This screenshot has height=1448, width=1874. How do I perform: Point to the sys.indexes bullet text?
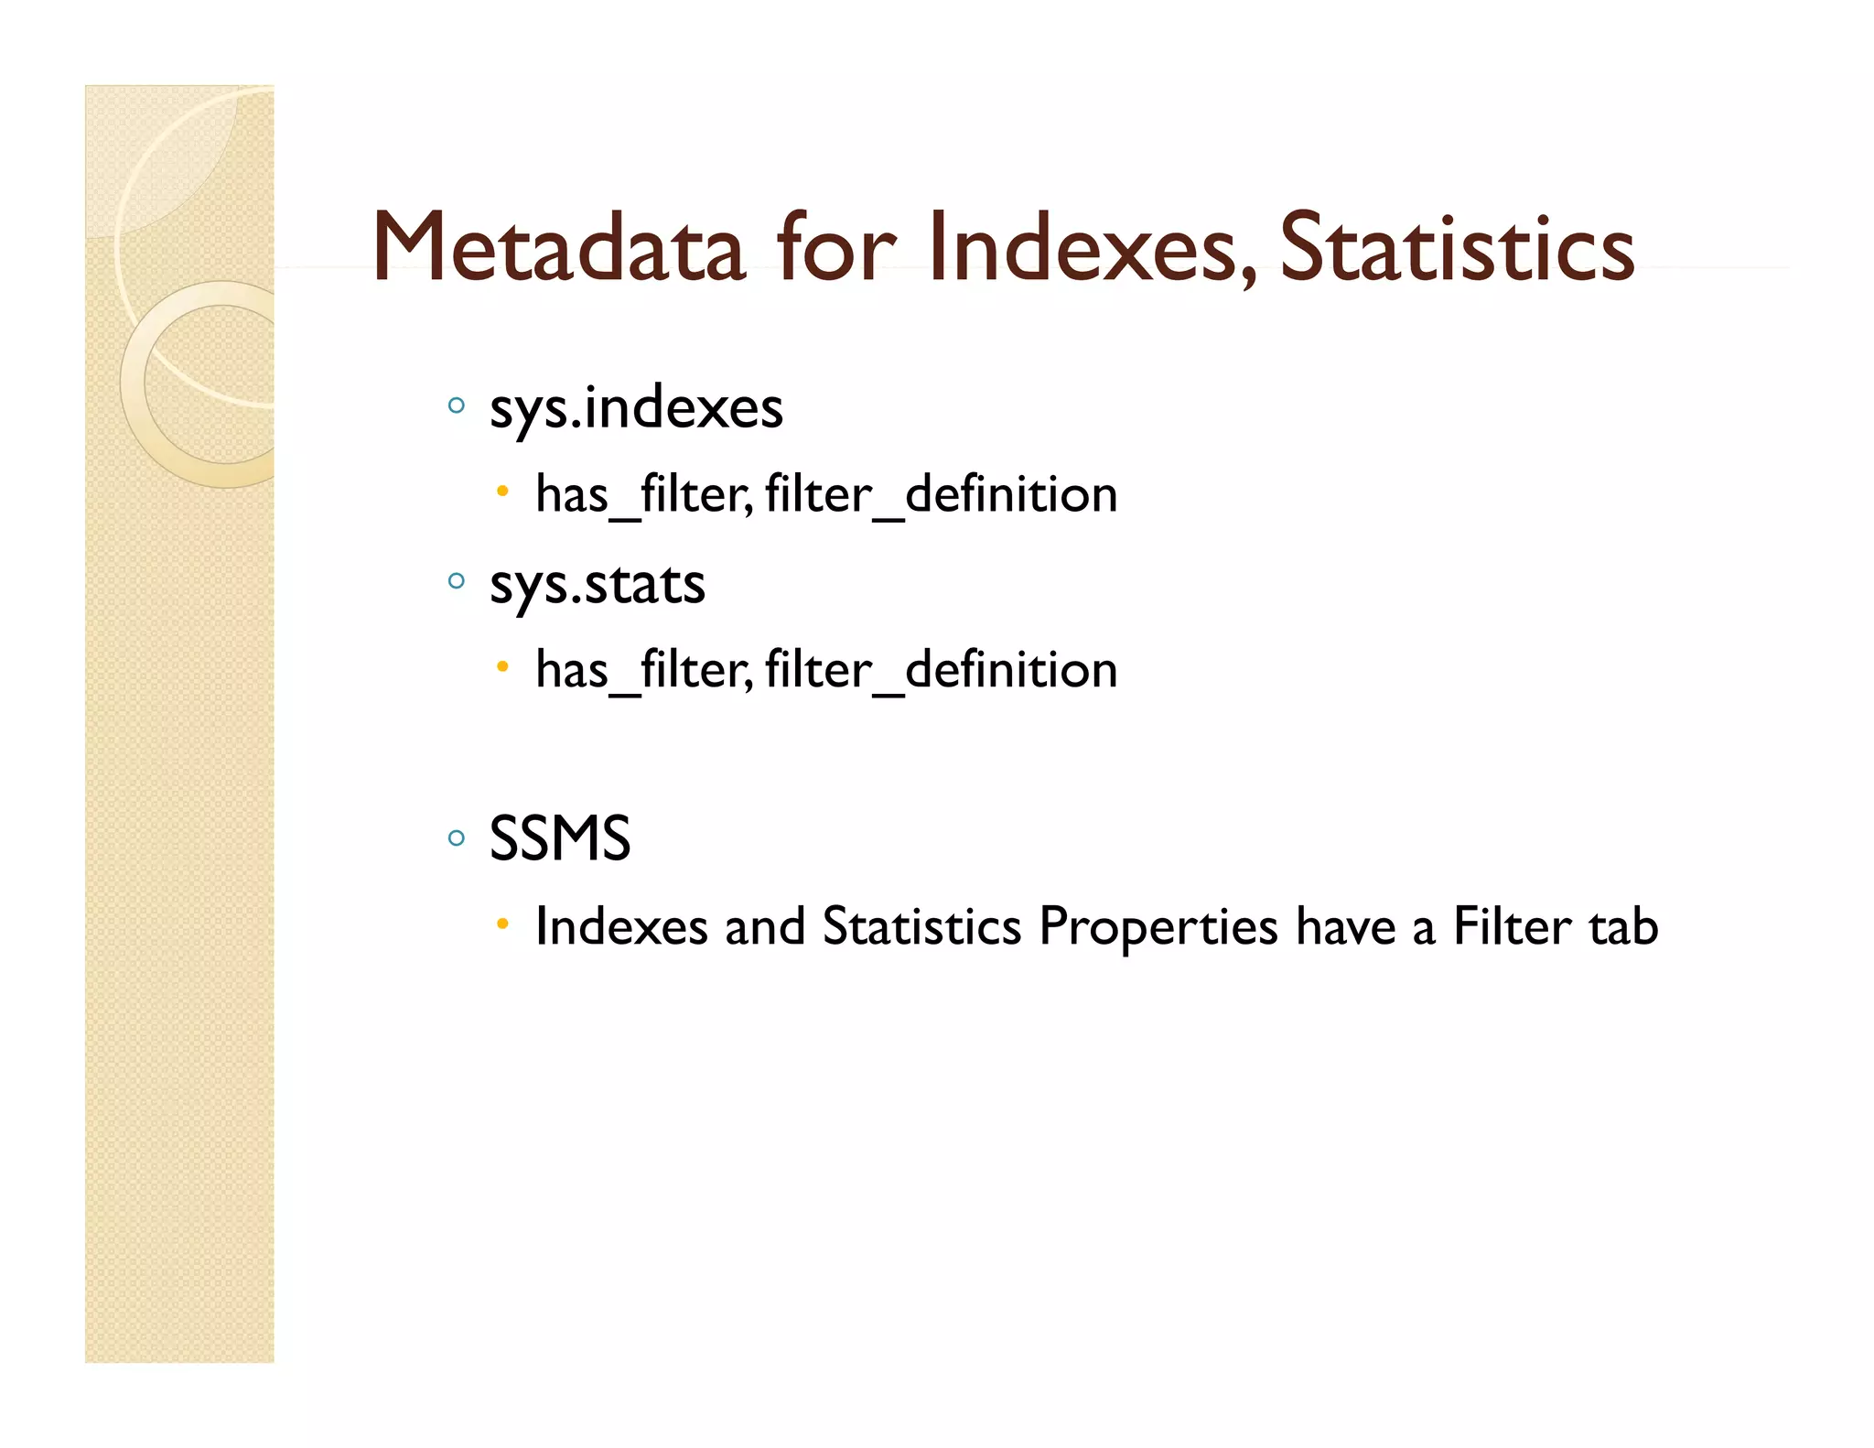[x=636, y=408]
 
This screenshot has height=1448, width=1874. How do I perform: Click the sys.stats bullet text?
[x=597, y=584]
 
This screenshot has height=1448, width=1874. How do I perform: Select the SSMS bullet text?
[x=559, y=838]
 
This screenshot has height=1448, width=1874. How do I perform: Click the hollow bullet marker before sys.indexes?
[x=457, y=405]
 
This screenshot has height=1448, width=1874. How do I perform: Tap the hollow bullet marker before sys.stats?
[x=457, y=579]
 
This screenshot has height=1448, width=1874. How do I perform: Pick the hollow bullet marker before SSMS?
[x=457, y=837]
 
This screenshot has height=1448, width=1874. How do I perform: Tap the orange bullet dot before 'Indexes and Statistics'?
[x=502, y=924]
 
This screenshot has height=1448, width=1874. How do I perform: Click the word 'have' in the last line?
[x=1345, y=926]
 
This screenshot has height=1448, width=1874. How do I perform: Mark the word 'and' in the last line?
[x=764, y=926]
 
